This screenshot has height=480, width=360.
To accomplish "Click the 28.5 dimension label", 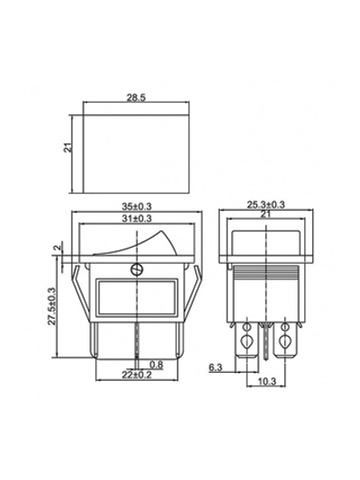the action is [x=137, y=97].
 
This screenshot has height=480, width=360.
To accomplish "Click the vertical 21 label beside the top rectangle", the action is [x=68, y=148].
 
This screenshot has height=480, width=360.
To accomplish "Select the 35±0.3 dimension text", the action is [x=137, y=206].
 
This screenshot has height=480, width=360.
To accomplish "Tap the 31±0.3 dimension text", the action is [x=137, y=218].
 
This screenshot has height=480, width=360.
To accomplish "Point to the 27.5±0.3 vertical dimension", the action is [x=52, y=306].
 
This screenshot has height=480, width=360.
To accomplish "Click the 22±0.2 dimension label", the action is [x=137, y=375].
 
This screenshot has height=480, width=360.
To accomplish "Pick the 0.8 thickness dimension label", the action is [x=157, y=365].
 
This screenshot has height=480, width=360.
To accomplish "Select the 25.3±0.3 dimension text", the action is [x=265, y=204].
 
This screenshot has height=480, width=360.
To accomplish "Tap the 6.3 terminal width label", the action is [x=216, y=367].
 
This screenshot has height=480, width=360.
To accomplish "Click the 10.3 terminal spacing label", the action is [x=267, y=381].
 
